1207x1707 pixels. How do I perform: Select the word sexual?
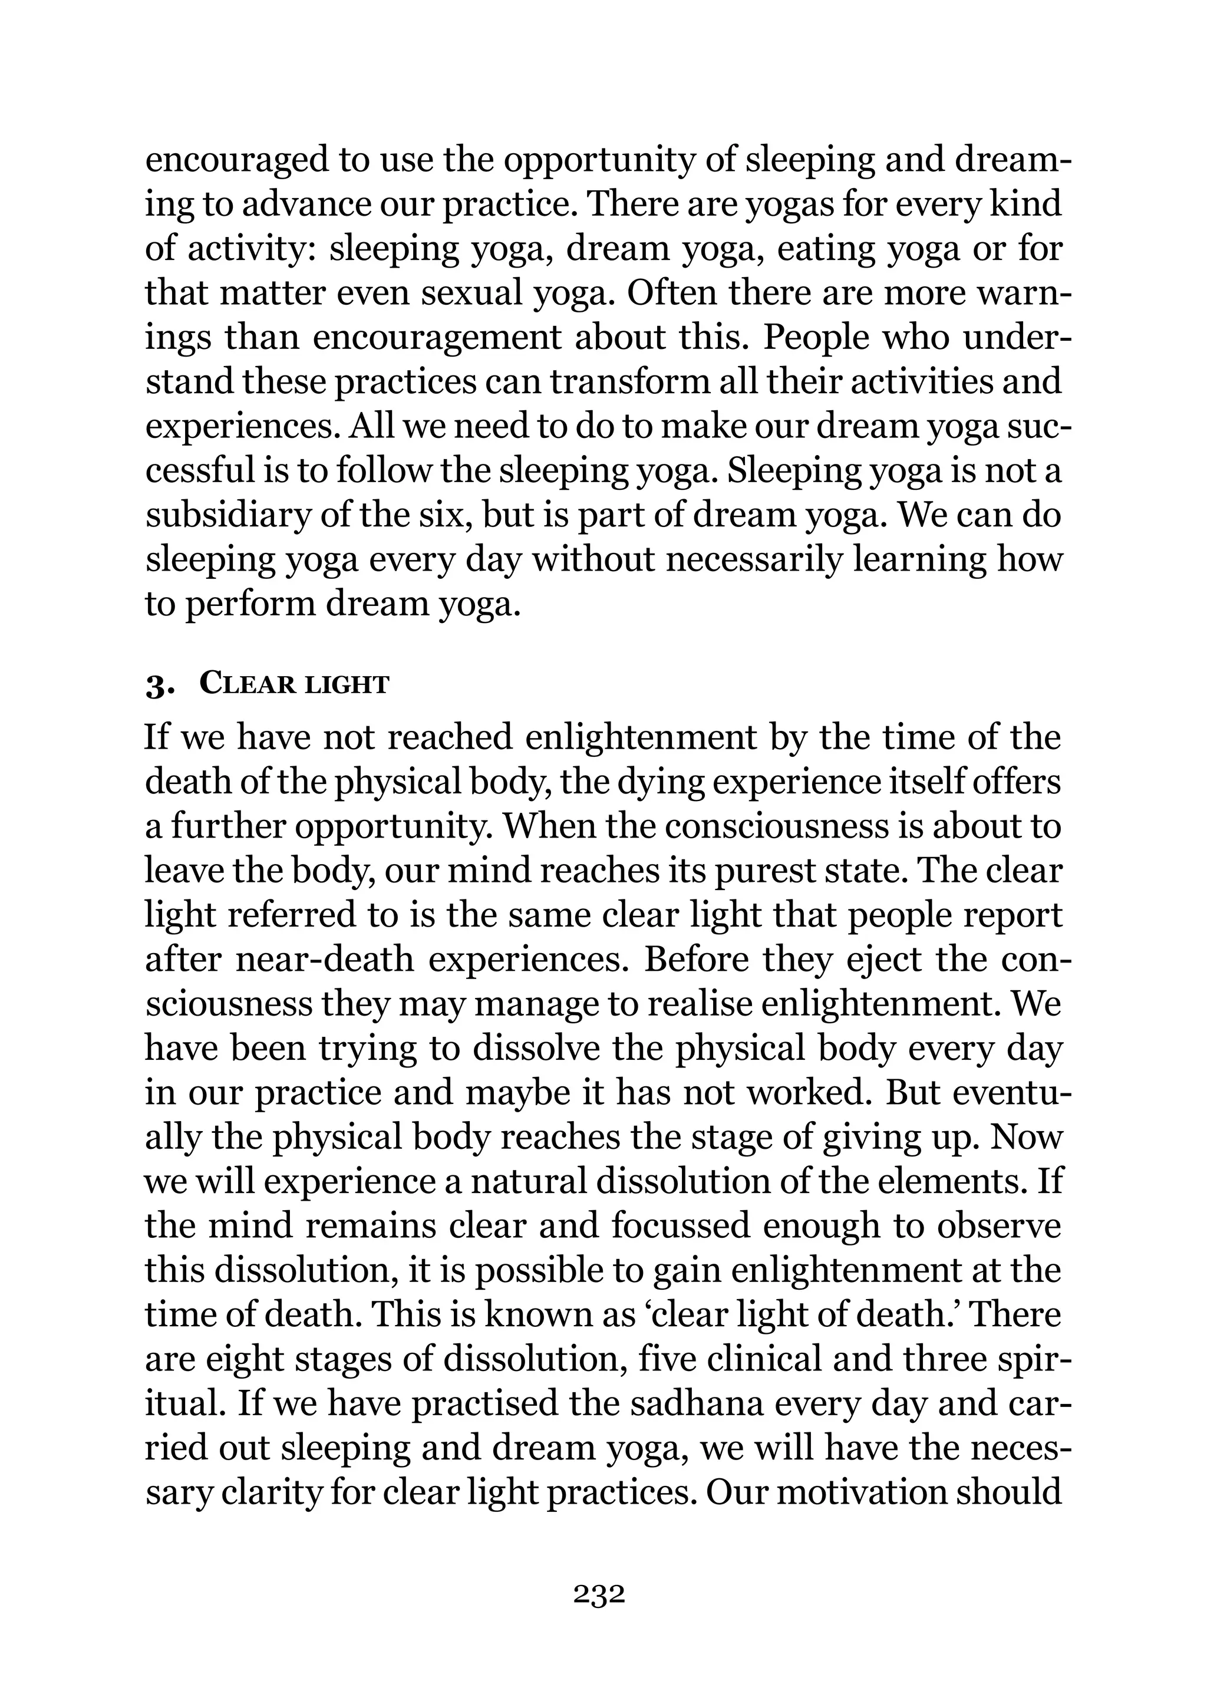point(472,294)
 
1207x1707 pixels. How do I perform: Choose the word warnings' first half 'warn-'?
point(1019,294)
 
